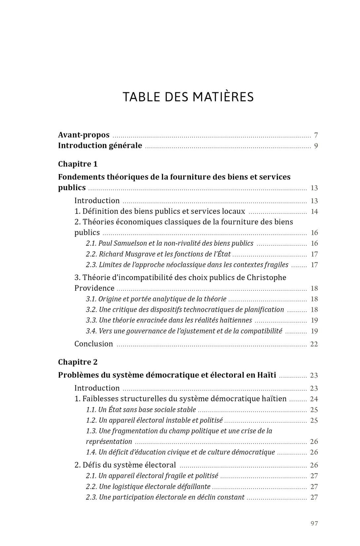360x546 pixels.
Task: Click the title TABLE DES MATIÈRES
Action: [188, 97]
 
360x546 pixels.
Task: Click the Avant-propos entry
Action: [84, 135]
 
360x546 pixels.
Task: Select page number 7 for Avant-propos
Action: [316, 135]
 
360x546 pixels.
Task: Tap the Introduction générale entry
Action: [100, 146]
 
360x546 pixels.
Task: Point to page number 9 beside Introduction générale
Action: [316, 146]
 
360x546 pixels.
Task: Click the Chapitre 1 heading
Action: [78, 164]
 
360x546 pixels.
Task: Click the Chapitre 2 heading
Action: [78, 362]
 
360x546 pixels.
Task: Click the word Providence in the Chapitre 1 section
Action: [94, 288]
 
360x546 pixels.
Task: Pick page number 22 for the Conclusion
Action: [314, 344]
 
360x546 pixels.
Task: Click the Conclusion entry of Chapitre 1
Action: [93, 344]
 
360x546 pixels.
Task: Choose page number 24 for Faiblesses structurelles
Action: [314, 399]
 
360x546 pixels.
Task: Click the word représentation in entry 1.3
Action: [109, 442]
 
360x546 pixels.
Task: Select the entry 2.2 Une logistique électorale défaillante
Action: [148, 487]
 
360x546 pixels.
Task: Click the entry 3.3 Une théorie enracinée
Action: [169, 320]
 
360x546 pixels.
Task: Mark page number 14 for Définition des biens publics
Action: [314, 212]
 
